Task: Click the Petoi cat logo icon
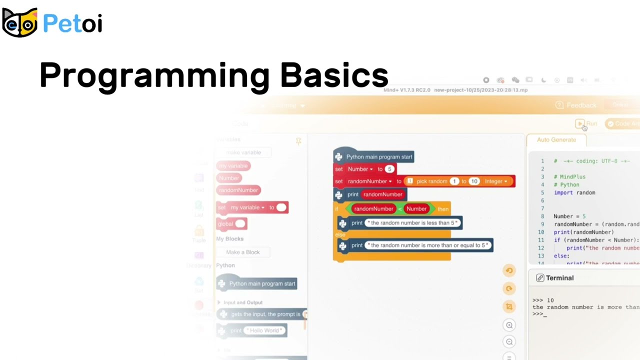pos(20,22)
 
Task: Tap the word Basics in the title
pos(334,75)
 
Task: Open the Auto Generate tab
pos(556,140)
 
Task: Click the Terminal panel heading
pos(559,278)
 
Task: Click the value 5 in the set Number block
pos(389,169)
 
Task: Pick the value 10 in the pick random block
pos(474,181)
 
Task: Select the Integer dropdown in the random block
pos(495,181)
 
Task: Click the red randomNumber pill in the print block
pos(382,194)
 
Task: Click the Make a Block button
pos(243,252)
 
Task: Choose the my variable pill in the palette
pos(233,165)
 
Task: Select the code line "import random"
pos(574,192)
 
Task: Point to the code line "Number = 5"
pos(569,216)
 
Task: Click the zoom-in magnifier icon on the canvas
pos(509,325)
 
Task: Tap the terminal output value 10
pos(550,300)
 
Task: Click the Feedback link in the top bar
pos(580,105)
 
